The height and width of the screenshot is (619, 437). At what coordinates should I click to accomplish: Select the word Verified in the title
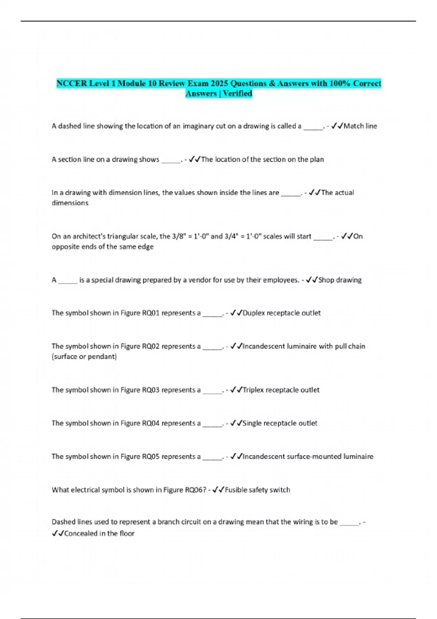point(237,94)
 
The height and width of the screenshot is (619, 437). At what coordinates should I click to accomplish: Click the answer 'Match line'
point(360,126)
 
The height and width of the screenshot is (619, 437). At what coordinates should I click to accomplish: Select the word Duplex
point(253,313)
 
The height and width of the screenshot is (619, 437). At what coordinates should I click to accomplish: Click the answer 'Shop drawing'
point(340,280)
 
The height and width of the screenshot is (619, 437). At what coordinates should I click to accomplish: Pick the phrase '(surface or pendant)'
point(84,356)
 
